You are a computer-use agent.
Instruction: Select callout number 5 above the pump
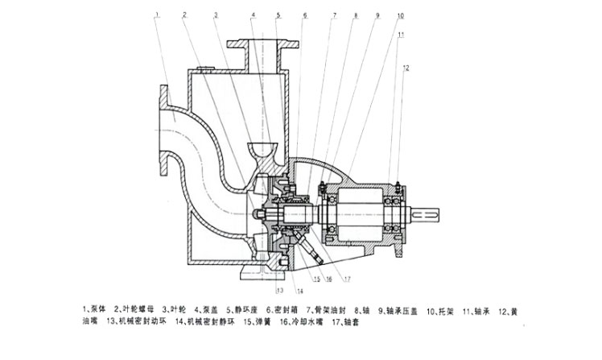(278, 14)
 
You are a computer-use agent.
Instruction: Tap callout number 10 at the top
(400, 15)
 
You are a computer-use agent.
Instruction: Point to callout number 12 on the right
(406, 66)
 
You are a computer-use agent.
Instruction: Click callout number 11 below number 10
(400, 33)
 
